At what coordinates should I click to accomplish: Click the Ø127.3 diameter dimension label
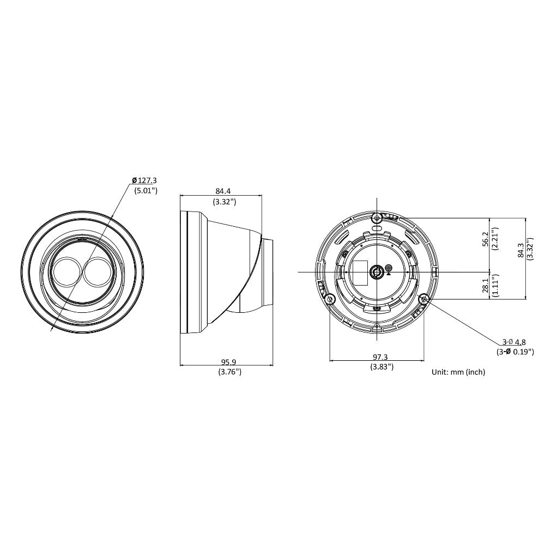coord(144,180)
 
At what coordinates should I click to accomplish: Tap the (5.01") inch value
coord(146,190)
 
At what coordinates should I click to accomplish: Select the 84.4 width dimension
coord(223,191)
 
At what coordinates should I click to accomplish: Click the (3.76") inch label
coord(229,372)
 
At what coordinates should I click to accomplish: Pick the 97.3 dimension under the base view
coord(380,356)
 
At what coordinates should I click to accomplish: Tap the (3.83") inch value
coord(381,366)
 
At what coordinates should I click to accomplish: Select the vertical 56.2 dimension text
coord(486,239)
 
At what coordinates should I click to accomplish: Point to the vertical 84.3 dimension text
coord(520,250)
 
